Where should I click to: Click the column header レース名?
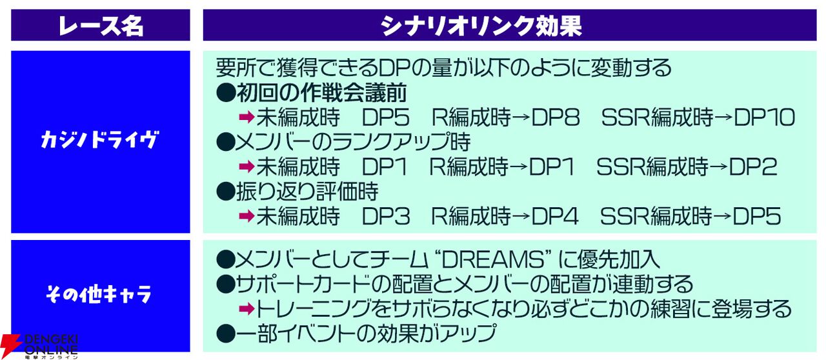click(x=101, y=25)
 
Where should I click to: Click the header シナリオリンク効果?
click(x=481, y=25)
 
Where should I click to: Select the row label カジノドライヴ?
click(x=99, y=140)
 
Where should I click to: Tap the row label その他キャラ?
click(x=99, y=294)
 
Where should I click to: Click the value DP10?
click(x=765, y=117)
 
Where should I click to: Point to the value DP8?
click(x=556, y=117)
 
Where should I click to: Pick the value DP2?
click(x=753, y=166)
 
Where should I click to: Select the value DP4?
click(x=555, y=216)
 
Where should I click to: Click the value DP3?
click(x=386, y=216)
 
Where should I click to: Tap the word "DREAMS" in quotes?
click(x=493, y=260)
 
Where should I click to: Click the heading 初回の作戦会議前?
click(x=321, y=93)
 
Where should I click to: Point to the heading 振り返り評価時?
click(x=307, y=192)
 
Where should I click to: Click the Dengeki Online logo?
click(x=39, y=346)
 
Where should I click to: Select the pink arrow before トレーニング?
click(x=247, y=309)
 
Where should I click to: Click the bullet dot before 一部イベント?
click(x=226, y=334)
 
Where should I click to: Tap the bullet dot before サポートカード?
click(x=226, y=285)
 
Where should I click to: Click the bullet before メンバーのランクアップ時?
click(x=226, y=142)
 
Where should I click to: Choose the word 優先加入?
click(x=618, y=260)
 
